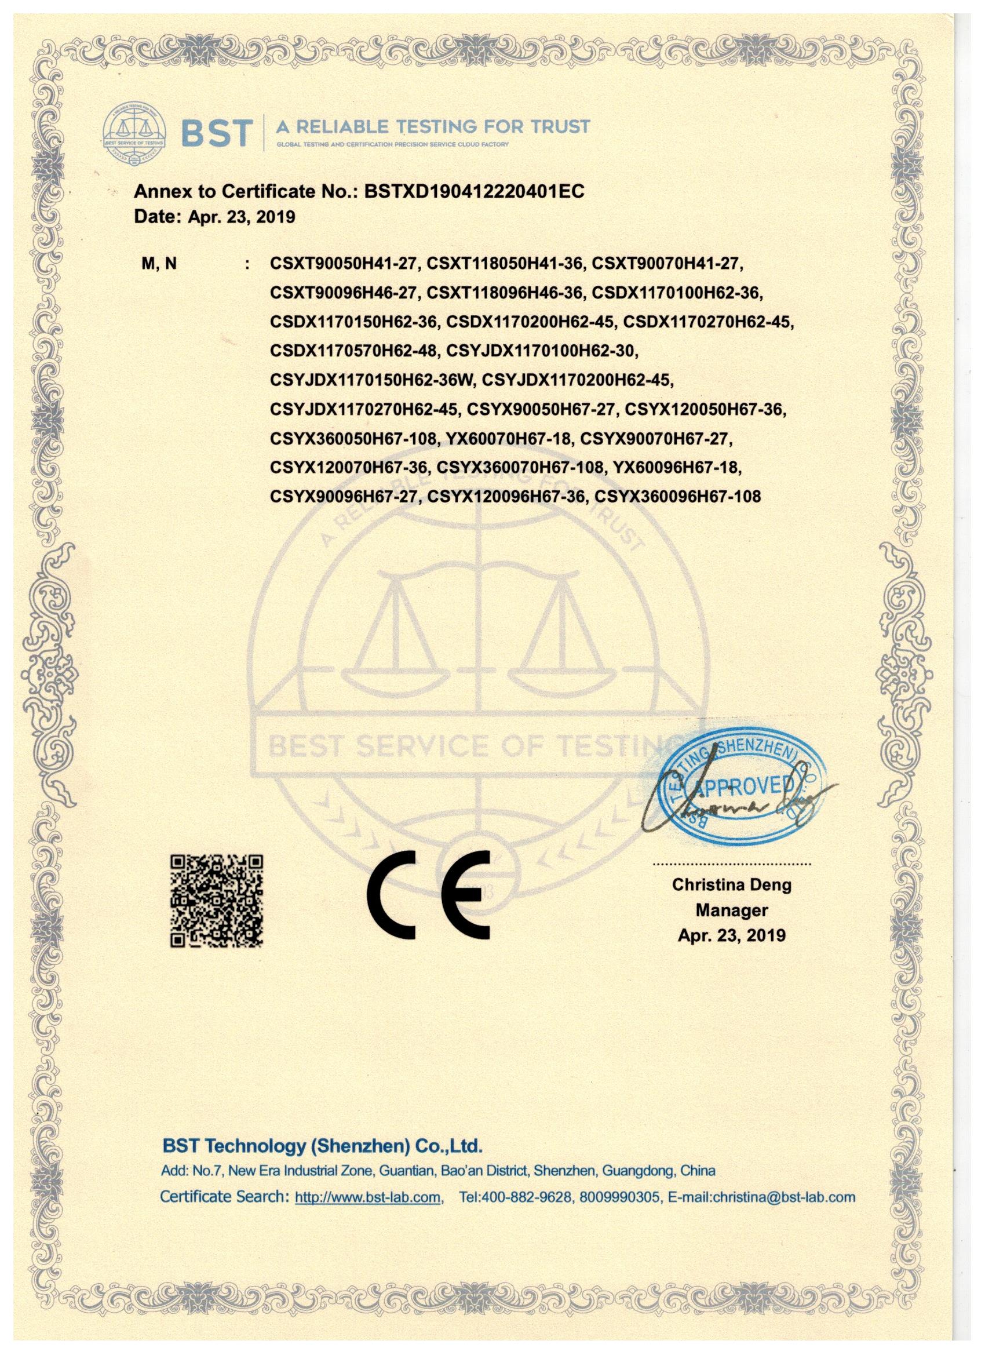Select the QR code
coord(217,901)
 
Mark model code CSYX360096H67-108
coord(677,497)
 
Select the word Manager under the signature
coord(731,910)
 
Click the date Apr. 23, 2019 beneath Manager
coord(731,935)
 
